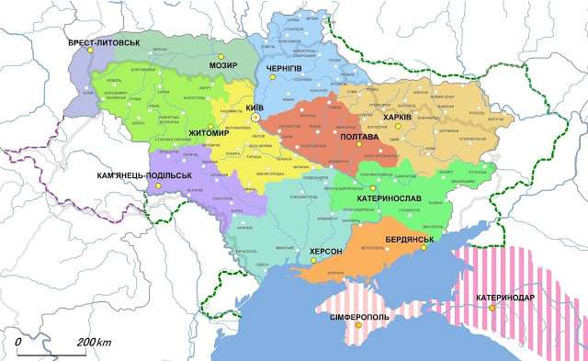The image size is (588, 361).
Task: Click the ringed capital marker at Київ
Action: (257, 118)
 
